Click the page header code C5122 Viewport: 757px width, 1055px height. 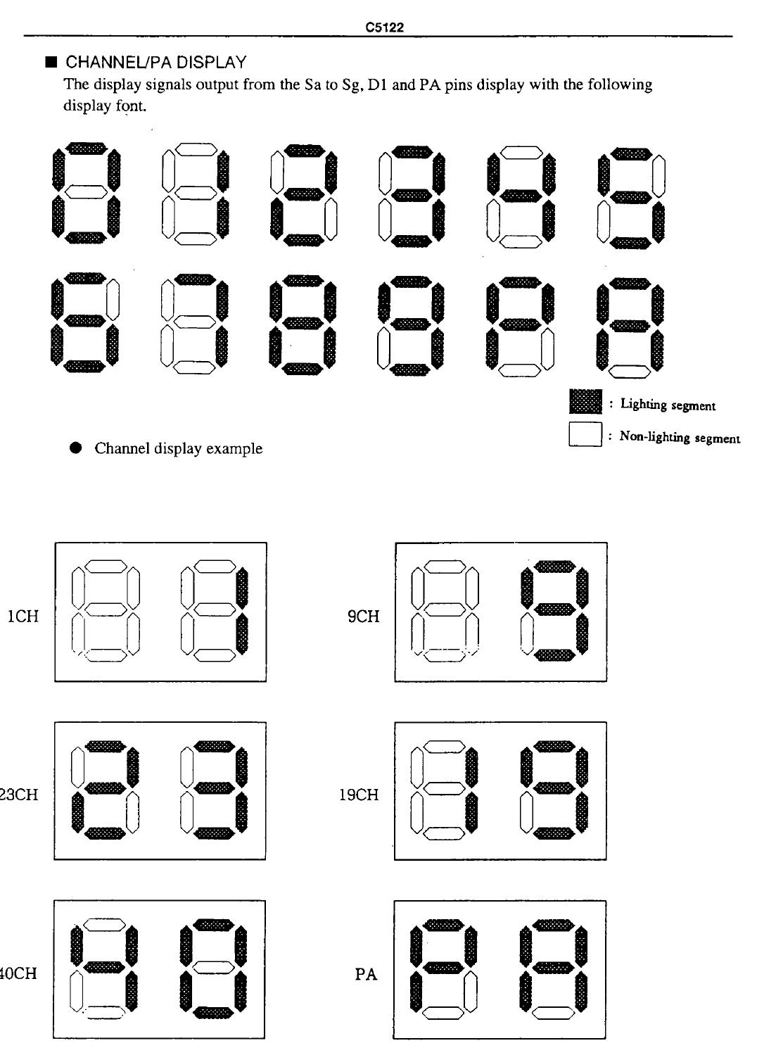[385, 27]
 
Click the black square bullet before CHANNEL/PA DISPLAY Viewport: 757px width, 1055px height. [51, 62]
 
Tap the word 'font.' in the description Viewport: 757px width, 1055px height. [131, 106]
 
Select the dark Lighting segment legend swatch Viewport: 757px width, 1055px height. [585, 401]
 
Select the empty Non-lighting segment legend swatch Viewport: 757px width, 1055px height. [585, 434]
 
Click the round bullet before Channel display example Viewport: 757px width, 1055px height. [75, 448]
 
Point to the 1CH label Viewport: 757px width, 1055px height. [23, 616]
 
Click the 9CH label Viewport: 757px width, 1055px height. [363, 616]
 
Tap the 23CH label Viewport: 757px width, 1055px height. [19, 795]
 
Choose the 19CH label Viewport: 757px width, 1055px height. [359, 795]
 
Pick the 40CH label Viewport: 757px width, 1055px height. [18, 973]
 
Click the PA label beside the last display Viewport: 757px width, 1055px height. [366, 974]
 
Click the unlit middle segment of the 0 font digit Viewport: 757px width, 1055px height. [86, 191]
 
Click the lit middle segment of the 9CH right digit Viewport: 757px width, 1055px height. [555, 609]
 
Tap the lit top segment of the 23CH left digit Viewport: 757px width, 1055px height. [105, 747]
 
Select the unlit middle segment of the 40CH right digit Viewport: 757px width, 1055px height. [213, 968]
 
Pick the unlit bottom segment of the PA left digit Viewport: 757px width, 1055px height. [443, 1013]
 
